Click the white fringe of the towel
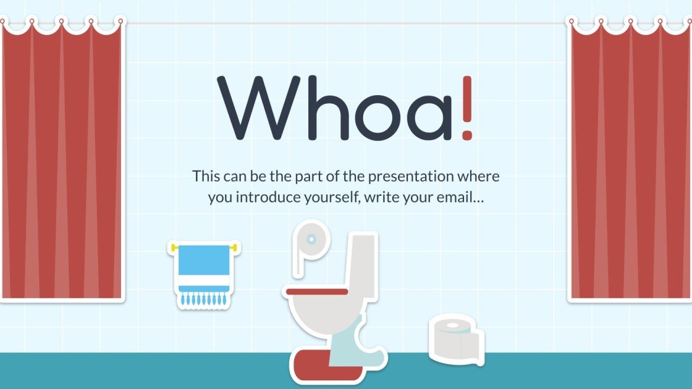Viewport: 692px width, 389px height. [204, 299]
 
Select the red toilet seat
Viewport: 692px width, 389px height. [317, 290]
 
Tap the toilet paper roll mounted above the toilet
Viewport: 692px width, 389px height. [311, 240]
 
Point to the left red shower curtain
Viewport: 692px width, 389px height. [62, 161]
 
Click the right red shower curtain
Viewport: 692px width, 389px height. [628, 161]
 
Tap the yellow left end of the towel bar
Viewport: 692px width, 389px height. [174, 248]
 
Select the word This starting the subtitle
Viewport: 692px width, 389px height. [206, 177]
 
